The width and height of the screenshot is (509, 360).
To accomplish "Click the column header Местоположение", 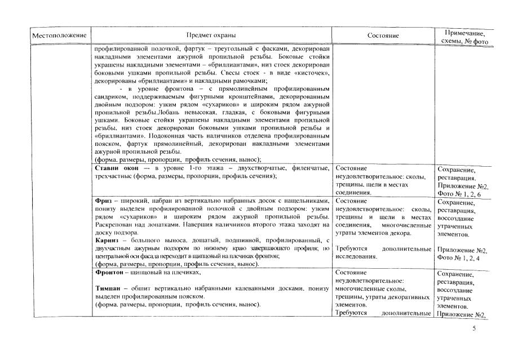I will [59, 36].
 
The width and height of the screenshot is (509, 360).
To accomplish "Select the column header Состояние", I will [383, 35].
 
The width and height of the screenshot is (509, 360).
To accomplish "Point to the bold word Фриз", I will [104, 201].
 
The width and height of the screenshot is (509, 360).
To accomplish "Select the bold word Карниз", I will [107, 241].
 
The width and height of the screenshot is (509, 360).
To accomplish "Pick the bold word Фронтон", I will [110, 273].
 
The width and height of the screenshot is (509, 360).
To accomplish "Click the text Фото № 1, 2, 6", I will [458, 194].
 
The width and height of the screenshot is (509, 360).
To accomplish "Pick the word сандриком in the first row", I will [112, 97].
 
